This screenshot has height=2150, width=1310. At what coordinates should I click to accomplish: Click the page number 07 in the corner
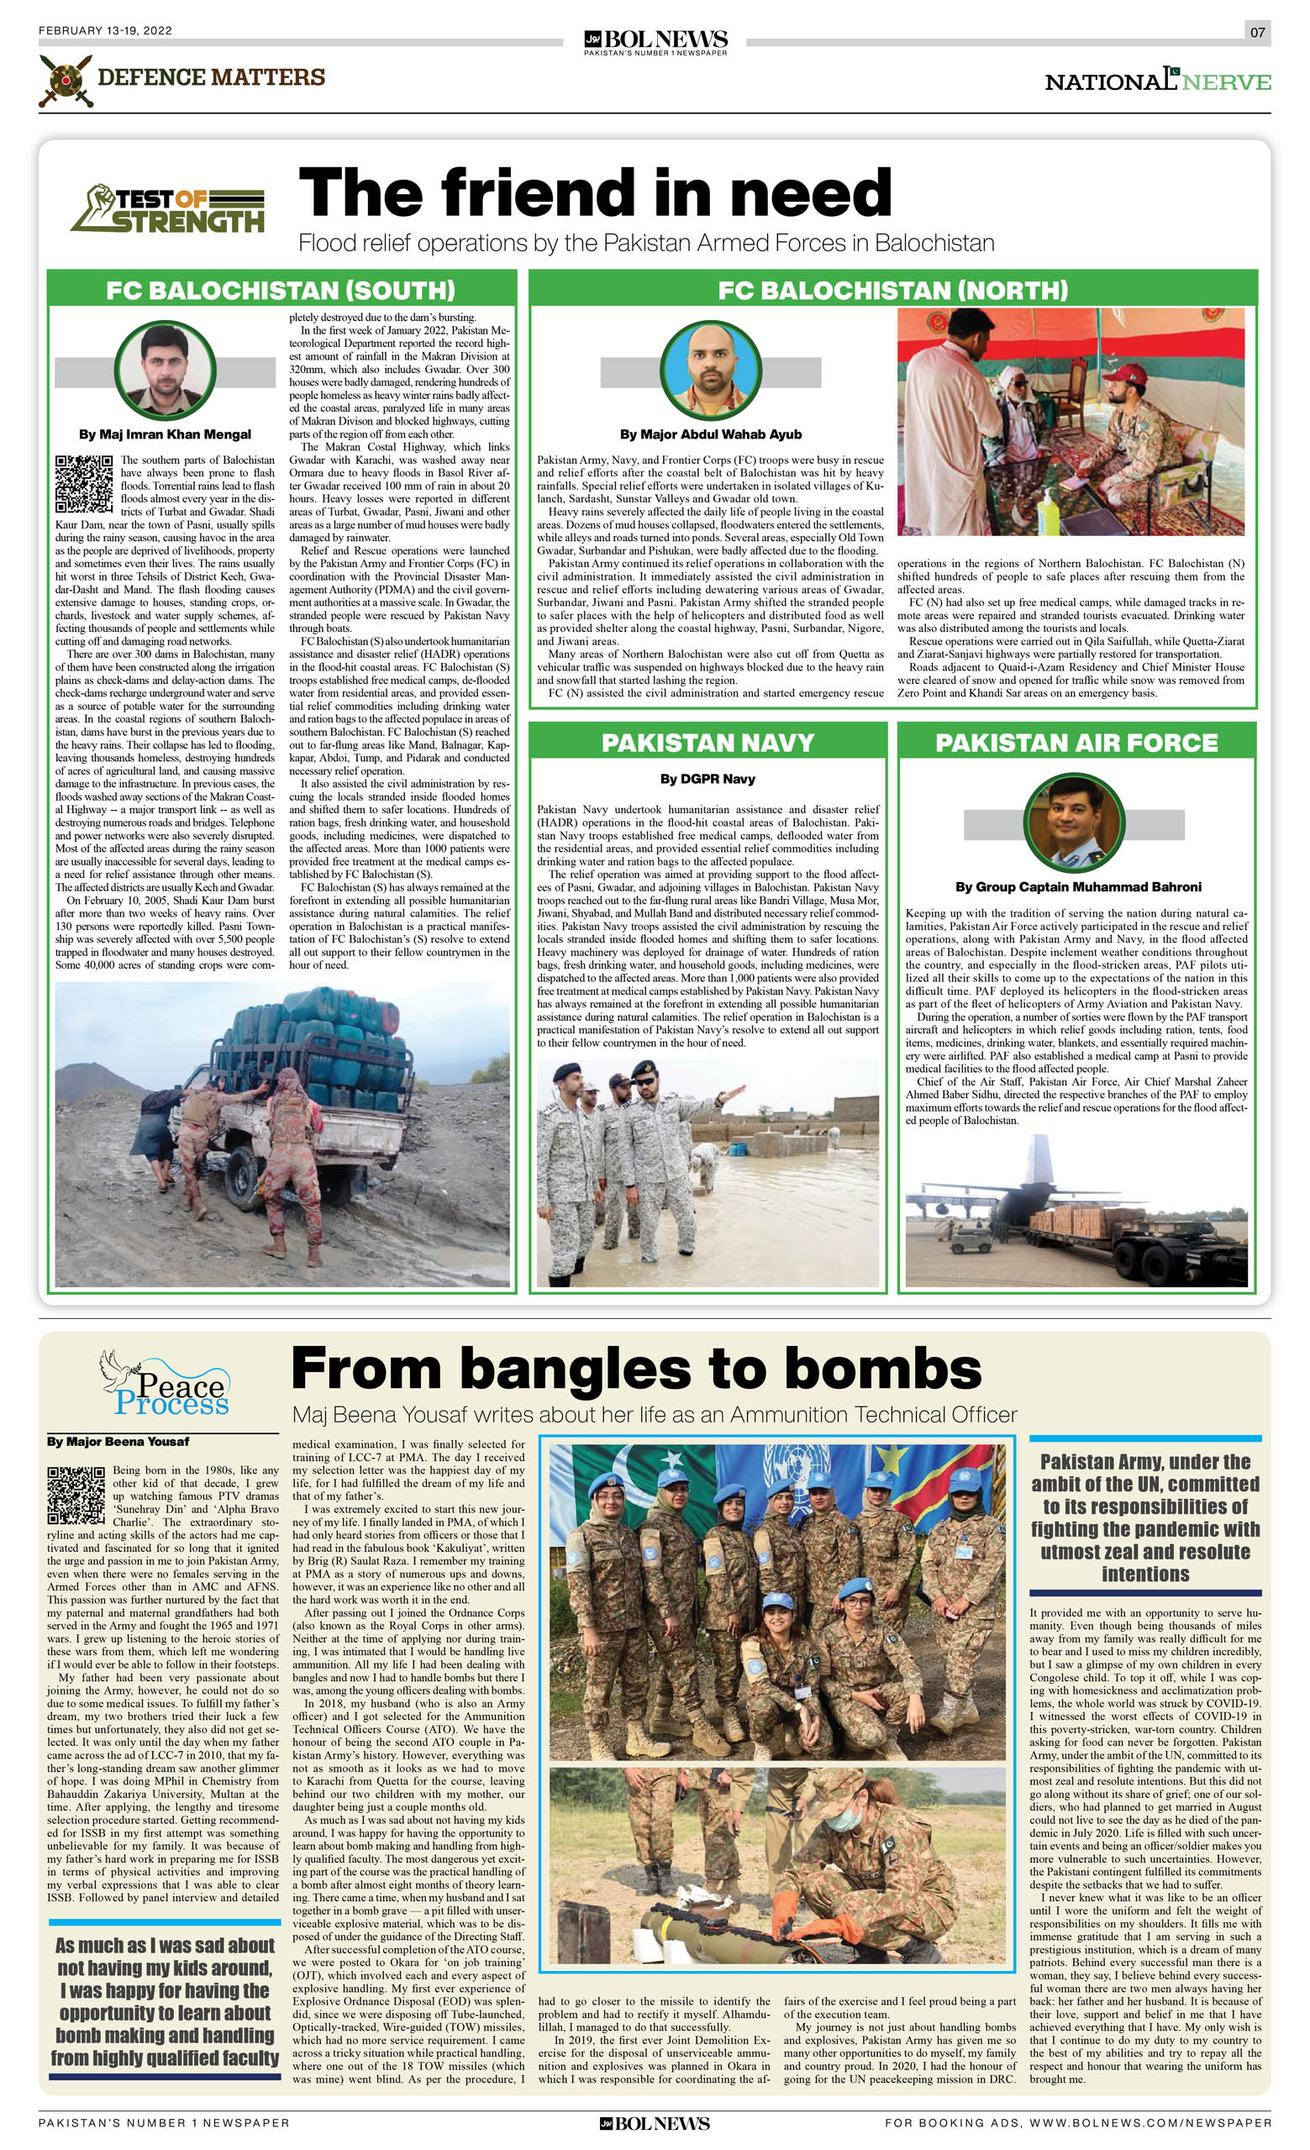click(1257, 32)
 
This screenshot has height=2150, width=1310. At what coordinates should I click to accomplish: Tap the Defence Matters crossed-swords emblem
click(65, 81)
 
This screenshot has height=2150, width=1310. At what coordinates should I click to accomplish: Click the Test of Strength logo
click(167, 209)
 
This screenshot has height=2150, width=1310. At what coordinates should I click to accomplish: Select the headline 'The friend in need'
click(595, 193)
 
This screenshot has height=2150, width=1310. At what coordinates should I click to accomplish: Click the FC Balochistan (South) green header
click(280, 290)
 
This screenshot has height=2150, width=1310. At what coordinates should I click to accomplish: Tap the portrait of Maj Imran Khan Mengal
click(165, 371)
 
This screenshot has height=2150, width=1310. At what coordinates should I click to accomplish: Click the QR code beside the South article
click(84, 483)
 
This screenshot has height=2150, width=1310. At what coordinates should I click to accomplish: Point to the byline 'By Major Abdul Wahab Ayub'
click(710, 434)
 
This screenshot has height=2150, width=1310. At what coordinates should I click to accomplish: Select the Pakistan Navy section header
click(707, 743)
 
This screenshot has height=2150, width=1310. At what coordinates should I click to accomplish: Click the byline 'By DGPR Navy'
click(707, 779)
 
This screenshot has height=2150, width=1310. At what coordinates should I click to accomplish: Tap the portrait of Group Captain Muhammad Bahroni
click(1074, 823)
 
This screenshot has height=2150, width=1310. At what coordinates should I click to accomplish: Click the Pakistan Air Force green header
click(1076, 743)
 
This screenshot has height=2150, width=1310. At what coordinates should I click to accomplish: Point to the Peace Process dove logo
click(164, 1384)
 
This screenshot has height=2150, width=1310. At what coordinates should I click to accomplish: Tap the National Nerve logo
click(1157, 81)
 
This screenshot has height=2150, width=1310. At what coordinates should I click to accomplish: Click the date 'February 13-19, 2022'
click(106, 30)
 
